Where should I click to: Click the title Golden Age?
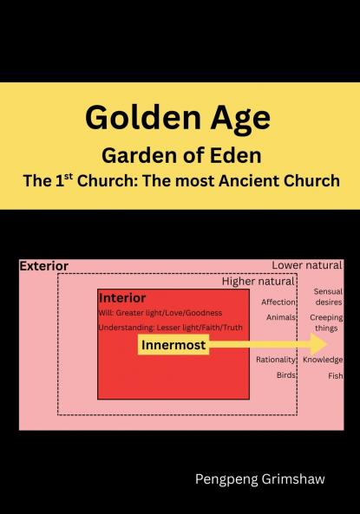178,117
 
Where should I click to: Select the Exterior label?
43,265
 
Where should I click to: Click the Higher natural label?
259,282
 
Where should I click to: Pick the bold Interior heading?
121,297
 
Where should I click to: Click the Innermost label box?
173,345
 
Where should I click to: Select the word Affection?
278,303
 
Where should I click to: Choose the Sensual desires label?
328,297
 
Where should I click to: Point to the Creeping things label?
326,323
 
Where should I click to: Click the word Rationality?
276,360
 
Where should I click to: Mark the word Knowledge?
323,360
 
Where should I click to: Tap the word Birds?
286,375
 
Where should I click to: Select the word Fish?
335,376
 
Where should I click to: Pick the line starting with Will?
160,312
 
